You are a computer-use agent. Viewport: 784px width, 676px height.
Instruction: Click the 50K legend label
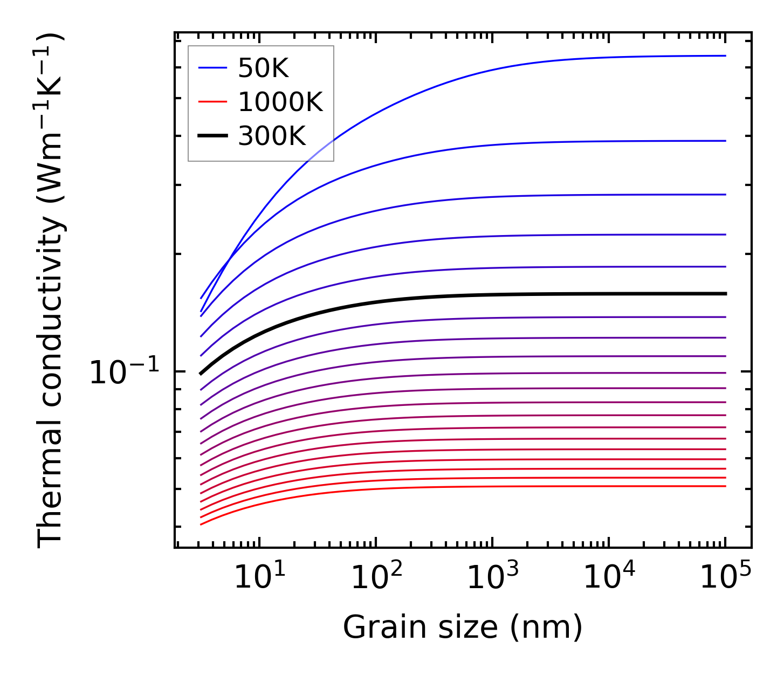[x=263, y=68]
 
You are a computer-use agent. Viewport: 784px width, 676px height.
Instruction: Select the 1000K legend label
[x=280, y=102]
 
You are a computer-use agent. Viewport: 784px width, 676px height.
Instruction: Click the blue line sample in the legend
[x=212, y=68]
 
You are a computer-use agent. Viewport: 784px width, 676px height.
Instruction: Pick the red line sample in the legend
[x=212, y=101]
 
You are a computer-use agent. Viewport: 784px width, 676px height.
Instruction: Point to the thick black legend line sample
[x=212, y=136]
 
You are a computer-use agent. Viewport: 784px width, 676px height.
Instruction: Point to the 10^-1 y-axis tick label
[x=125, y=372]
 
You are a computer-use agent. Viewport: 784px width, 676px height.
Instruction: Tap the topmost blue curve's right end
[x=725, y=56]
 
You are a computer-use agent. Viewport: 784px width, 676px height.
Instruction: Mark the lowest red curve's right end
[x=725, y=486]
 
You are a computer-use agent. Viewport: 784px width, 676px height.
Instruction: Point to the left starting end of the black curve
[x=201, y=373]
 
